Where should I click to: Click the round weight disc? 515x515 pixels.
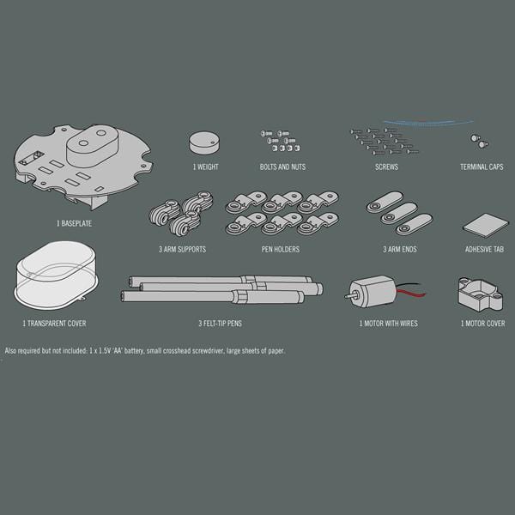tap(204, 142)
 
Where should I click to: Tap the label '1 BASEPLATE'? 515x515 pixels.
tap(74, 224)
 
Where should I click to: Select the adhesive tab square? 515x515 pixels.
tap(486, 225)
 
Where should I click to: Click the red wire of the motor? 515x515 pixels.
tap(411, 293)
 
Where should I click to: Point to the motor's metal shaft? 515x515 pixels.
tap(348, 296)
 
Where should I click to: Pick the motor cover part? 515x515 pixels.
tap(480, 295)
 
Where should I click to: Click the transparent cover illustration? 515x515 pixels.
tap(57, 276)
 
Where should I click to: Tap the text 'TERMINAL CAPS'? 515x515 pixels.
tap(482, 167)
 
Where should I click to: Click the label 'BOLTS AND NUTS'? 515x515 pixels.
tap(282, 167)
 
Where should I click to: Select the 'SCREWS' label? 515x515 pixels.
tap(386, 167)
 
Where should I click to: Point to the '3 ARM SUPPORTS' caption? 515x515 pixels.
tap(182, 249)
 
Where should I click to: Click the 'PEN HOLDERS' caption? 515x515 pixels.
tap(281, 249)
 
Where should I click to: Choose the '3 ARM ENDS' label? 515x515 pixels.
tap(400, 249)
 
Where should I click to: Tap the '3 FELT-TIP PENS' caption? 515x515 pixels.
tap(220, 324)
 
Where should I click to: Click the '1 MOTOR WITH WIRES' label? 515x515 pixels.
tap(389, 324)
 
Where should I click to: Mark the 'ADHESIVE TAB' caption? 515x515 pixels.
tap(484, 249)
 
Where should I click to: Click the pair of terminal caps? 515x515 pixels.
tap(479, 142)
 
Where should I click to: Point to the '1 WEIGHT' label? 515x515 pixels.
tap(206, 167)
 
